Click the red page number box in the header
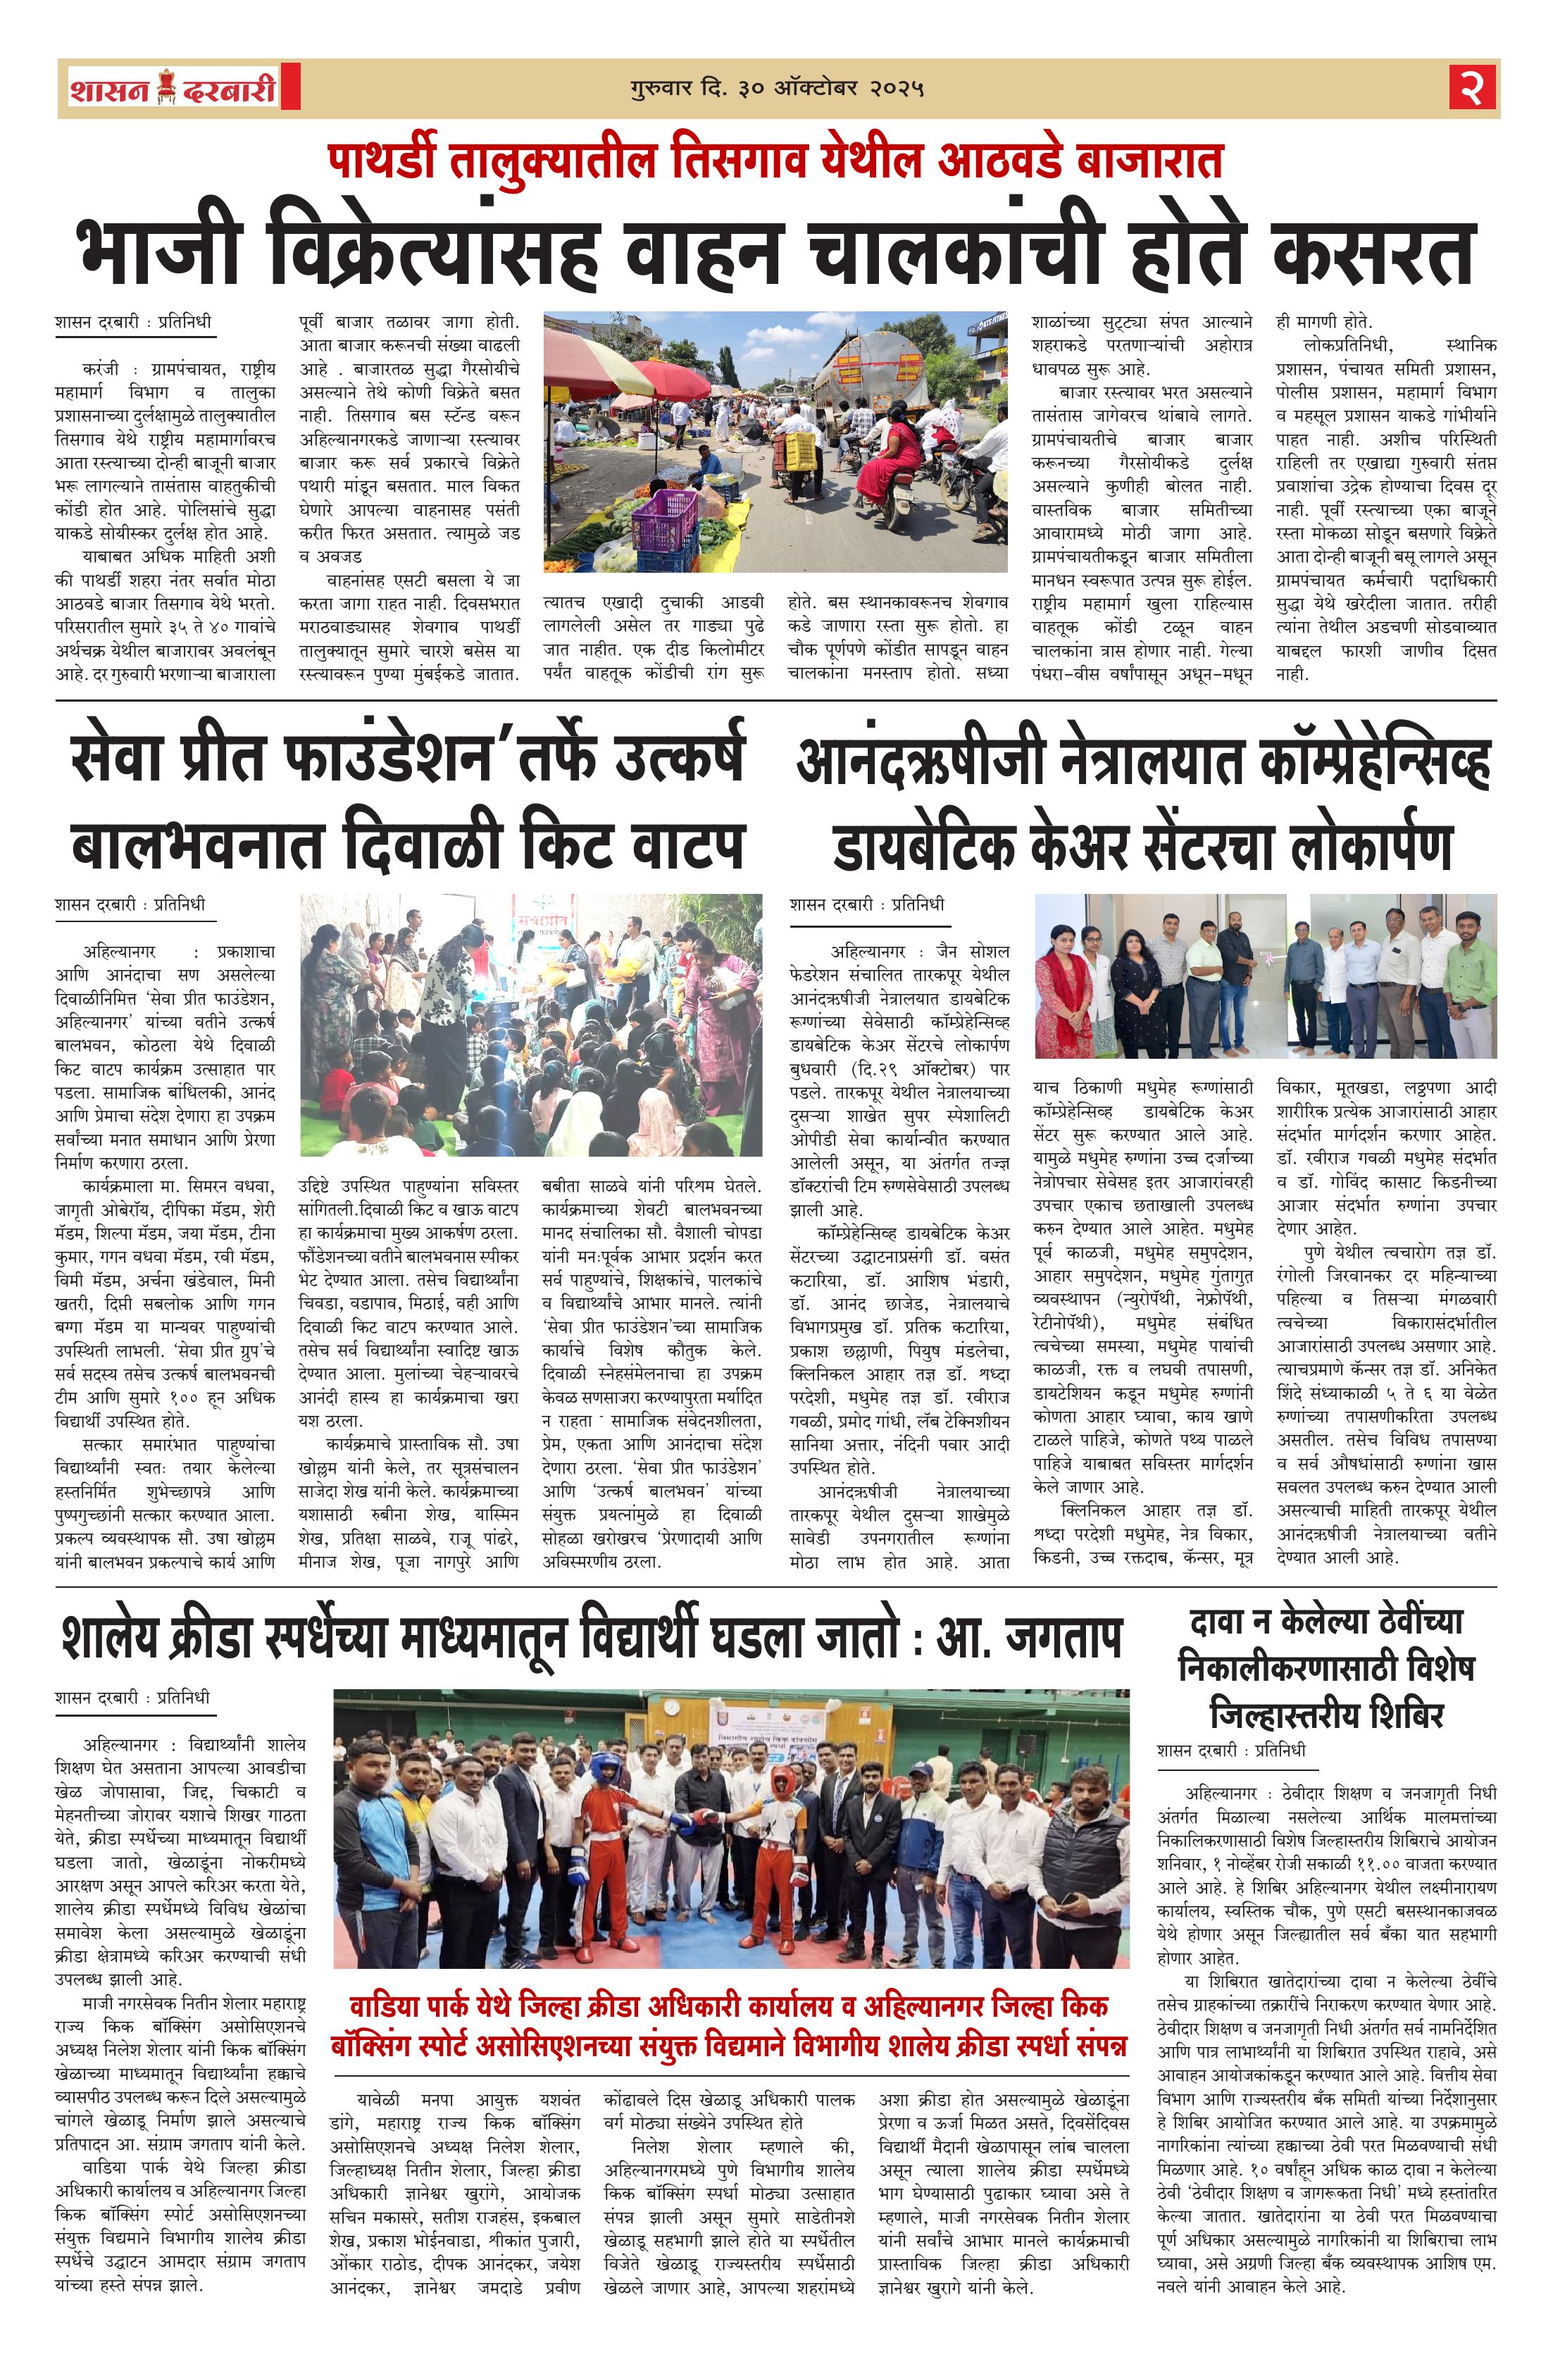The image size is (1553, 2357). (1473, 88)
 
